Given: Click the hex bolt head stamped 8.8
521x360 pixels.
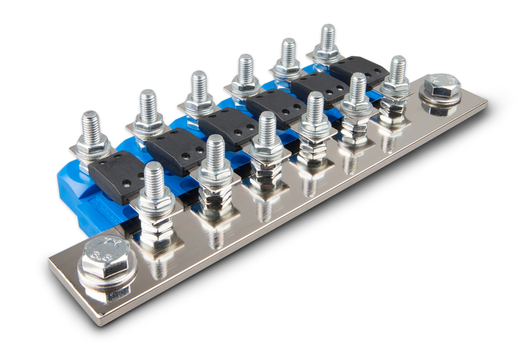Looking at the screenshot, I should pos(106,258).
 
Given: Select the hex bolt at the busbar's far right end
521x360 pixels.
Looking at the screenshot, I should pos(442,86).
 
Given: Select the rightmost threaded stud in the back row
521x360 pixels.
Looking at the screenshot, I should pos(327,40).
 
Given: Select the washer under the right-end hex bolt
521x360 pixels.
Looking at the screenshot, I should pos(441,101).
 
